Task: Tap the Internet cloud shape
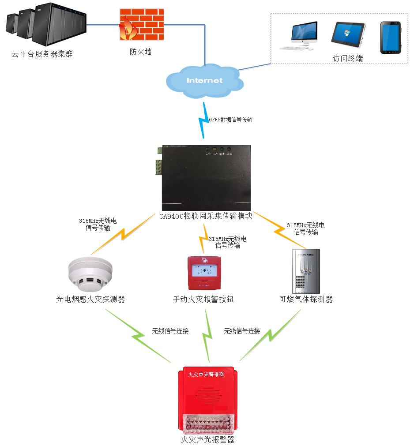pos(204,80)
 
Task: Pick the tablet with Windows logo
pos(348,35)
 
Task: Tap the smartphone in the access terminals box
pos(391,37)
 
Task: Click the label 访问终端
pos(347,58)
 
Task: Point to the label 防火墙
pos(140,52)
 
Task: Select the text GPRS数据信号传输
pos(230,120)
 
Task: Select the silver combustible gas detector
pos(306,270)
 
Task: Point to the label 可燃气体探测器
pos(306,300)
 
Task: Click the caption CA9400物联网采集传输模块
pos(206,217)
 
